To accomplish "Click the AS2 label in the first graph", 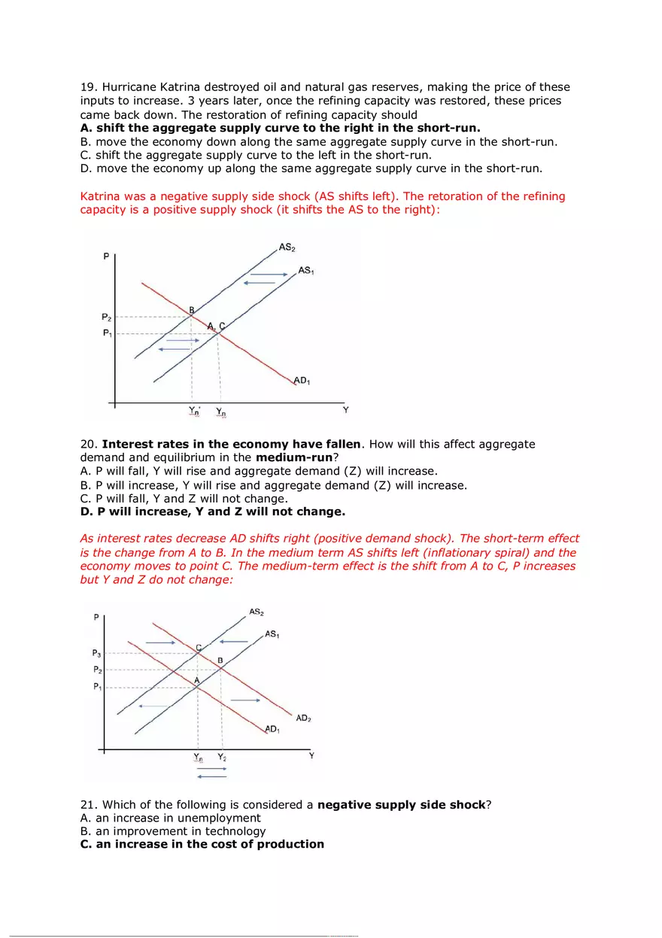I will pyautogui.click(x=287, y=247).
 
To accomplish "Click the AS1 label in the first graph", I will pyautogui.click(x=306, y=270).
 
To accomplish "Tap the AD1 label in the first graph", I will pyautogui.click(x=302, y=381).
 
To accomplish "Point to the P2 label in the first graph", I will pyautogui.click(x=107, y=317).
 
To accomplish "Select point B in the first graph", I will pyautogui.click(x=192, y=310).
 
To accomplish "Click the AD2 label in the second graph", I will pyautogui.click(x=303, y=718).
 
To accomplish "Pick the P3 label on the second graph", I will pyautogui.click(x=98, y=654).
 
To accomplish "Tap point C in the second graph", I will pyautogui.click(x=199, y=648).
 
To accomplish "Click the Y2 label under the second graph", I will pyautogui.click(x=222, y=757).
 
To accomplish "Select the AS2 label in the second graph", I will pyautogui.click(x=257, y=612).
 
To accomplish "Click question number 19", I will pyautogui.click(x=89, y=87).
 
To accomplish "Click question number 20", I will pyautogui.click(x=89, y=445).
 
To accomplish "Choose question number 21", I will pyautogui.click(x=89, y=805).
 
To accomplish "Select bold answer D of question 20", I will pyautogui.click(x=212, y=512).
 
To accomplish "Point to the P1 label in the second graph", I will pyautogui.click(x=98, y=687).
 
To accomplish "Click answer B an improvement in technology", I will pyautogui.click(x=173, y=831).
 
